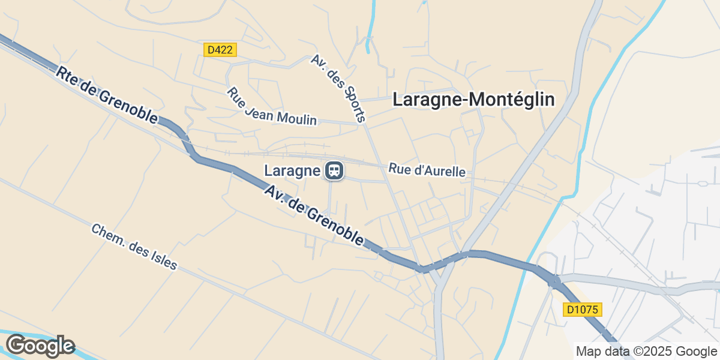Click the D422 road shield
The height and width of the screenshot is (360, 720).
(220, 50)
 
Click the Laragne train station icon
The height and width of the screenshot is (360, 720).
(334, 171)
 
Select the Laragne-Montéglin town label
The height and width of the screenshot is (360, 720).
(473, 100)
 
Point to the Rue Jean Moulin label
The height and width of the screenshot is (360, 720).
(271, 106)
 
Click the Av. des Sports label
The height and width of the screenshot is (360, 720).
(338, 88)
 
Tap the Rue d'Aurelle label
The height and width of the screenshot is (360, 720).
(427, 170)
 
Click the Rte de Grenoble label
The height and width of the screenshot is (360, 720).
(107, 95)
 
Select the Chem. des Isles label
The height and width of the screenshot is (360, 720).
(134, 247)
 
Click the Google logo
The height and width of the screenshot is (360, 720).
(40, 346)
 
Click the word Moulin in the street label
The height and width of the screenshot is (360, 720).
(298, 117)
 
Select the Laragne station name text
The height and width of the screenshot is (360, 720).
(292, 171)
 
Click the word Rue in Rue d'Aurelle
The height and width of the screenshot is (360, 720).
(398, 169)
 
